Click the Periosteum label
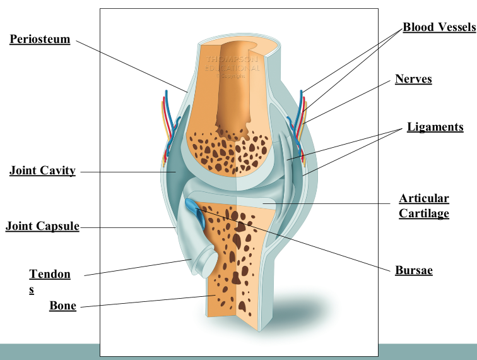point(39,39)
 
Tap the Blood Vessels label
point(439,28)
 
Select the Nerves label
point(413,79)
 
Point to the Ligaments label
point(435,127)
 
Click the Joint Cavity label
point(42,171)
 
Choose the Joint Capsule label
point(42,226)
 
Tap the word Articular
point(423,198)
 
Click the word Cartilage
point(423,213)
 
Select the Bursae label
point(413,270)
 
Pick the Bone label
point(63,306)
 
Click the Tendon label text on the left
point(50,274)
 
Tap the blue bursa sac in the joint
point(194,208)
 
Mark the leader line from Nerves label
point(353,101)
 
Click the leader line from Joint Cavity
point(126,171)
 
